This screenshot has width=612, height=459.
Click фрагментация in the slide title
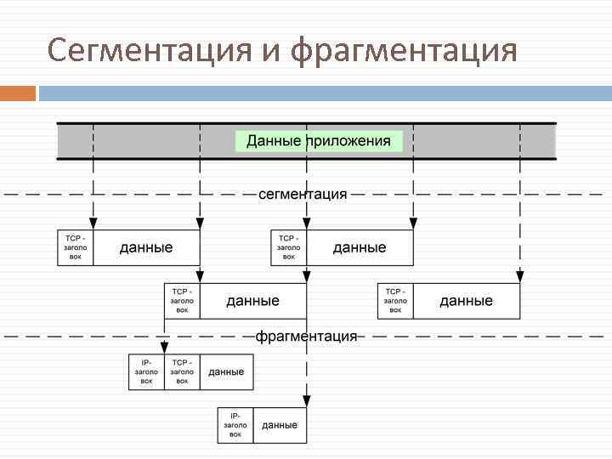click(403, 50)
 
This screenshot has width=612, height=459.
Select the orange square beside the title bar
click(18, 93)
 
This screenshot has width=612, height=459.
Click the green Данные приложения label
click(319, 140)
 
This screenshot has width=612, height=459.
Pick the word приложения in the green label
click(353, 141)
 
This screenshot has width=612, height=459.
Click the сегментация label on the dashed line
click(303, 194)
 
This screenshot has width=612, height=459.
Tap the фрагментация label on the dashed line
click(307, 336)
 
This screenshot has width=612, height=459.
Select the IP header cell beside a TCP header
click(146, 372)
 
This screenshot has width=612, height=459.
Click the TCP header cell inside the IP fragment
click(182, 372)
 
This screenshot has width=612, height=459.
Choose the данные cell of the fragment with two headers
click(226, 372)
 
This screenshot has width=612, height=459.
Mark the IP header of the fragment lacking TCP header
click(235, 425)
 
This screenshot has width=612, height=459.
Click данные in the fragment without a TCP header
click(280, 425)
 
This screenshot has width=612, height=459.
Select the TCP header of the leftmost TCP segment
click(76, 247)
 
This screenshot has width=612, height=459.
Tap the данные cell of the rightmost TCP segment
click(466, 301)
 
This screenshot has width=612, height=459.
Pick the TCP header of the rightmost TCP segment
click(395, 301)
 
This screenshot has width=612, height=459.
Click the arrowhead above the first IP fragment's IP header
click(164, 346)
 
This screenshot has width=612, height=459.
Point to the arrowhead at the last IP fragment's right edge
click(306, 399)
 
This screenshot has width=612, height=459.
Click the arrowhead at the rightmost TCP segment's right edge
click(519, 275)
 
